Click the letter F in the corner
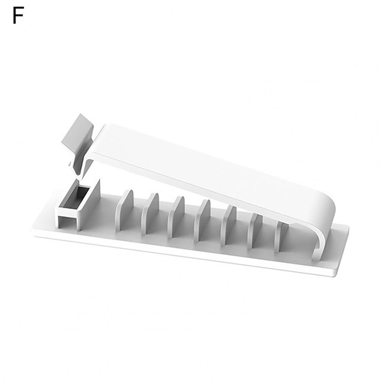[18, 15]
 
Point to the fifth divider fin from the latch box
[229, 225]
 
